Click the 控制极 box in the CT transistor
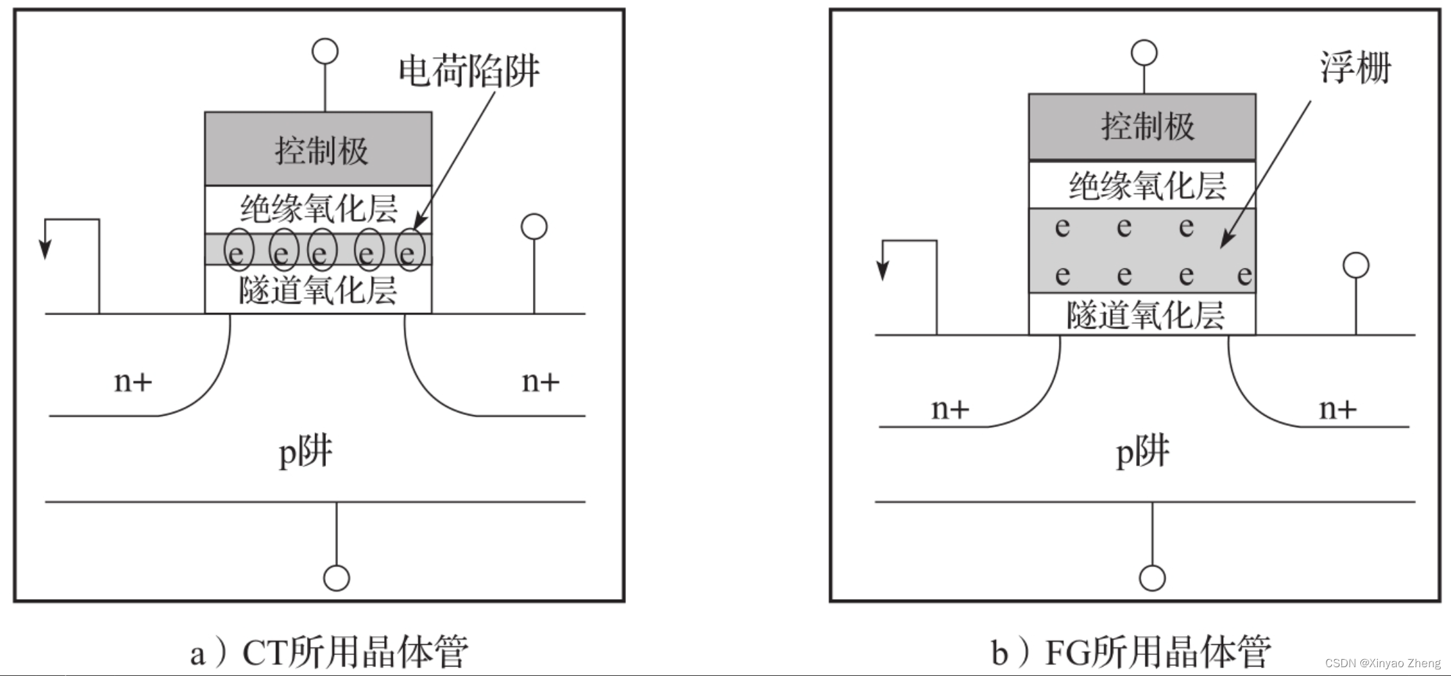click(318, 149)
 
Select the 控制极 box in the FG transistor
click(1142, 127)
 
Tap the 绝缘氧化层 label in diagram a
click(318, 208)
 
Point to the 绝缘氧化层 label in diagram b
click(1147, 185)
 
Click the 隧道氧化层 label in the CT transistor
click(318, 290)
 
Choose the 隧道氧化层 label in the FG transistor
click(1145, 315)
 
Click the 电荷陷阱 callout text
click(469, 71)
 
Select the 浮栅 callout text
click(1355, 68)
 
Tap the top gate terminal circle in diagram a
click(325, 51)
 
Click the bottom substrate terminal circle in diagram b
click(1152, 578)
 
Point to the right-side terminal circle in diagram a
click(534, 227)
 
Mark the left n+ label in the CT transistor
click(133, 382)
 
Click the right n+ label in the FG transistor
click(1337, 409)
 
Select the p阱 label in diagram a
click(306, 452)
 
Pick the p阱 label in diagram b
click(1142, 452)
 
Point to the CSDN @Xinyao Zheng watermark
click(1383, 663)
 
